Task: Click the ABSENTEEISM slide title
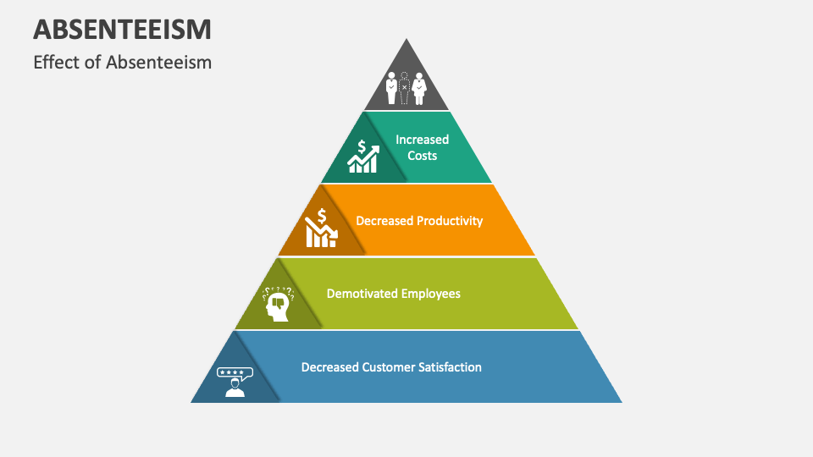[x=122, y=29]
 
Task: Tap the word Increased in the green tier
[x=422, y=140]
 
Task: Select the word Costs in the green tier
[x=422, y=156]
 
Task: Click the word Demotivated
[x=361, y=294]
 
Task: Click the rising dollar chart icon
[x=363, y=157]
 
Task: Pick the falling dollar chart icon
[x=321, y=228]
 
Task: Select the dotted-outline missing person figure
[x=405, y=88]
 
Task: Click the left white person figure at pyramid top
[x=391, y=88]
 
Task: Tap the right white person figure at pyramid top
[x=418, y=88]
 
